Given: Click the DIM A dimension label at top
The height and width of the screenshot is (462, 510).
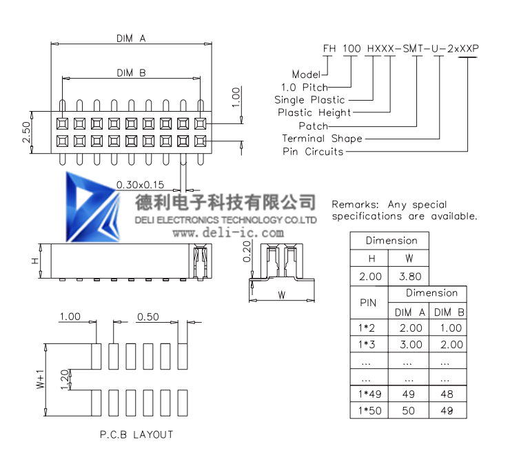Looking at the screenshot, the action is tap(131, 39).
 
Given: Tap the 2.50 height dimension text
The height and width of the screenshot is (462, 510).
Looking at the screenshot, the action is tap(26, 132).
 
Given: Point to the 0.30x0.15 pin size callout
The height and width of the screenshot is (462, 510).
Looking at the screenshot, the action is tap(140, 185).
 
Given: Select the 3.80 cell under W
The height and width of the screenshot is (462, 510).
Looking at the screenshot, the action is tap(410, 277).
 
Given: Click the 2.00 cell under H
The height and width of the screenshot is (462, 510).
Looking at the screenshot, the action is tap(370, 277).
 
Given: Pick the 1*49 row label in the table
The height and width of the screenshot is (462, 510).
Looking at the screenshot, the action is tap(370, 394).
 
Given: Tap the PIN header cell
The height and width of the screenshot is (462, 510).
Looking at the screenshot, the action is tap(368, 303).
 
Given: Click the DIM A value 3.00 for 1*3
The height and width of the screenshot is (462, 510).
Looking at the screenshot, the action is tap(411, 344).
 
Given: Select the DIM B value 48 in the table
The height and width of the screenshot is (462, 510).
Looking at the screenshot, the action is tap(447, 394).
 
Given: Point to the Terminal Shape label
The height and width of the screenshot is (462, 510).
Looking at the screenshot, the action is tap(322, 139).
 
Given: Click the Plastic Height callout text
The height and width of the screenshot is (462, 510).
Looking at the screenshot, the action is tap(314, 112).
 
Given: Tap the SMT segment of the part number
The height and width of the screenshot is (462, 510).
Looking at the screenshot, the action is tap(413, 48).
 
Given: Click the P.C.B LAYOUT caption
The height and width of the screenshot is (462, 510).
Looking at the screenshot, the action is tap(136, 434).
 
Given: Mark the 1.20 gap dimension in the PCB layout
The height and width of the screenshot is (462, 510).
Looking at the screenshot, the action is tap(65, 379).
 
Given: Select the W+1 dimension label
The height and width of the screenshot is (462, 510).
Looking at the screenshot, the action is tap(41, 379).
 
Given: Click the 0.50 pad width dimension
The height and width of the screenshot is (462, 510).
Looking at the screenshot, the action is tap(148, 317).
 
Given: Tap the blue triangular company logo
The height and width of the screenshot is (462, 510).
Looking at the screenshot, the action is tap(92, 208).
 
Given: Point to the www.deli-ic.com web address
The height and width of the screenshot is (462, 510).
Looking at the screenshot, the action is tap(228, 233).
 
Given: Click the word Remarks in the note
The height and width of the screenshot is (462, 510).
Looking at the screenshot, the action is tap(355, 205).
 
